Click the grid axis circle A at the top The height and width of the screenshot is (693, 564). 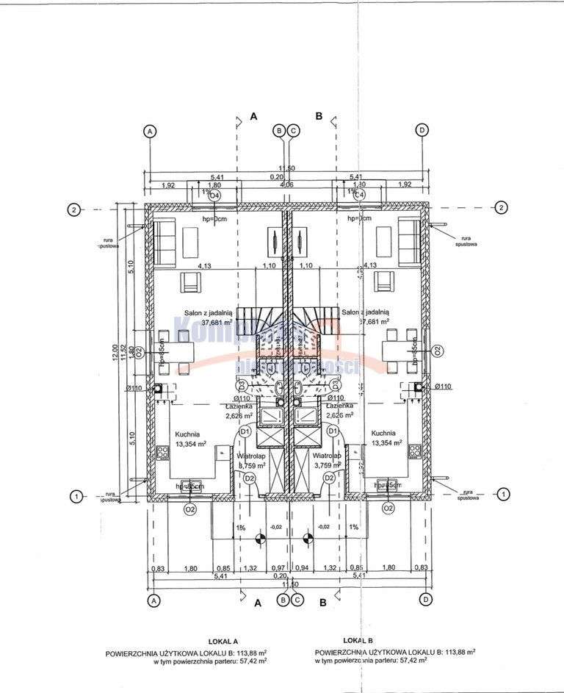(150, 131)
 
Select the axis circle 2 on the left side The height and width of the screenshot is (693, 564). (73, 209)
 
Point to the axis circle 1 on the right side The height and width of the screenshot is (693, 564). (503, 495)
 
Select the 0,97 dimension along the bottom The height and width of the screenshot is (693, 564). (278, 567)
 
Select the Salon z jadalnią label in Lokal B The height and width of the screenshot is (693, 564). (365, 312)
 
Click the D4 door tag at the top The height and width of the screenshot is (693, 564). (214, 195)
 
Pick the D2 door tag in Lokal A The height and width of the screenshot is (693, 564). (250, 478)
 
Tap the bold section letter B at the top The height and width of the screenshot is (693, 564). (319, 116)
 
